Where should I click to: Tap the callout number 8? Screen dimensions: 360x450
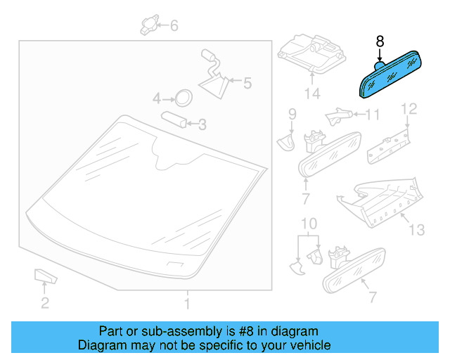pyautogui.click(x=380, y=41)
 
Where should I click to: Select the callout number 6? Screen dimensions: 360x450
pyautogui.click(x=174, y=27)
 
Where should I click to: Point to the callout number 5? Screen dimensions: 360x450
pyautogui.click(x=246, y=83)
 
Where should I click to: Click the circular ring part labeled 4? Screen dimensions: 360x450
pyautogui.click(x=183, y=97)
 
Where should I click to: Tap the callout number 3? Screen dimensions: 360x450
pyautogui.click(x=202, y=125)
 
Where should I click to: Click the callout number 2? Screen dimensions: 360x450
pyautogui.click(x=44, y=304)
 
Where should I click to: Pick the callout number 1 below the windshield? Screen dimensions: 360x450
pyautogui.click(x=187, y=304)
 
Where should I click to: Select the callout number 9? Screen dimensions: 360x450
pyautogui.click(x=291, y=112)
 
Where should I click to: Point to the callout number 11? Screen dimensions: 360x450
pyautogui.click(x=373, y=114)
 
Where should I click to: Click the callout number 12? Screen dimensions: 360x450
pyautogui.click(x=409, y=108)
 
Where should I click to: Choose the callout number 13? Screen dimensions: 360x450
pyautogui.click(x=417, y=229)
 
